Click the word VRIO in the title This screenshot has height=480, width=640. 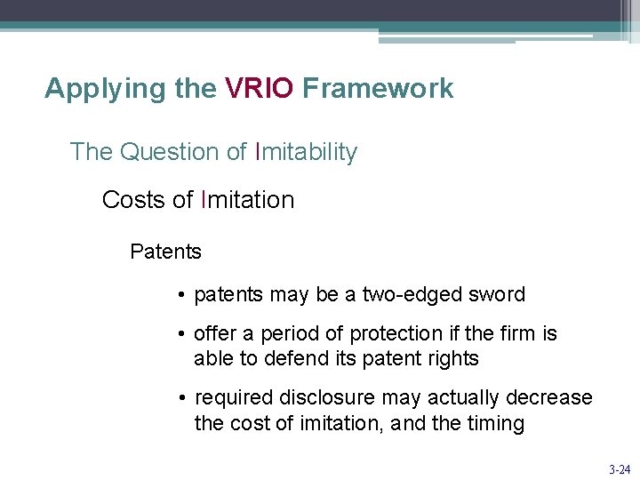(x=259, y=89)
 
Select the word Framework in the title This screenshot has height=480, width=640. (x=378, y=89)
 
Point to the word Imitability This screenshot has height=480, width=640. (x=306, y=152)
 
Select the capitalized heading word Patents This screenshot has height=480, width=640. (x=165, y=252)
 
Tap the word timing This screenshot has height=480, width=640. (x=495, y=423)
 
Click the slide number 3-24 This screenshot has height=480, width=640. (x=620, y=468)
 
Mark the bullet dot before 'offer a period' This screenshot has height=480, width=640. (x=180, y=334)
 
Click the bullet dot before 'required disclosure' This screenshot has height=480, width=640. (x=180, y=397)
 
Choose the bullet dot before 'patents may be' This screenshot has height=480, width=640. (x=180, y=294)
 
